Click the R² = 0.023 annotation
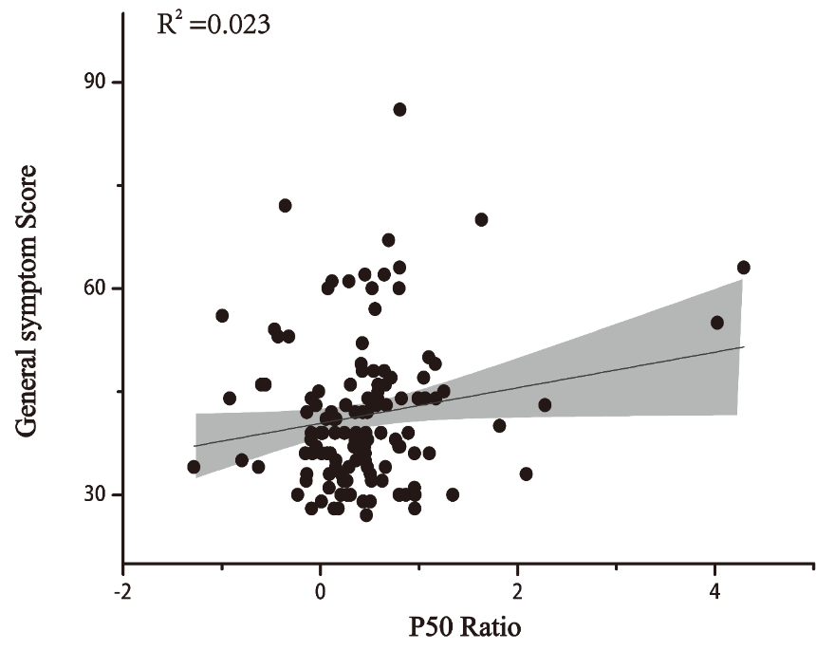pos(213,24)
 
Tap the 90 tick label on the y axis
pos(94,83)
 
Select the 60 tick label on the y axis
pos(94,288)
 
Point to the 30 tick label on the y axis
pos(94,494)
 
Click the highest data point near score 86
pos(399,109)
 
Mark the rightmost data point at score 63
pos(743,268)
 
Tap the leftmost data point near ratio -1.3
pos(194,467)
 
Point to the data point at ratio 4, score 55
pos(717,323)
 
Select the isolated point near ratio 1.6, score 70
pos(481,219)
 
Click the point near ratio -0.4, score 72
pos(285,205)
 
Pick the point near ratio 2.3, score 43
pos(545,405)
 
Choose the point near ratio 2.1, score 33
pos(526,474)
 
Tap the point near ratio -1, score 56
pos(222,315)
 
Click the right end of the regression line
pos(744,346)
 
